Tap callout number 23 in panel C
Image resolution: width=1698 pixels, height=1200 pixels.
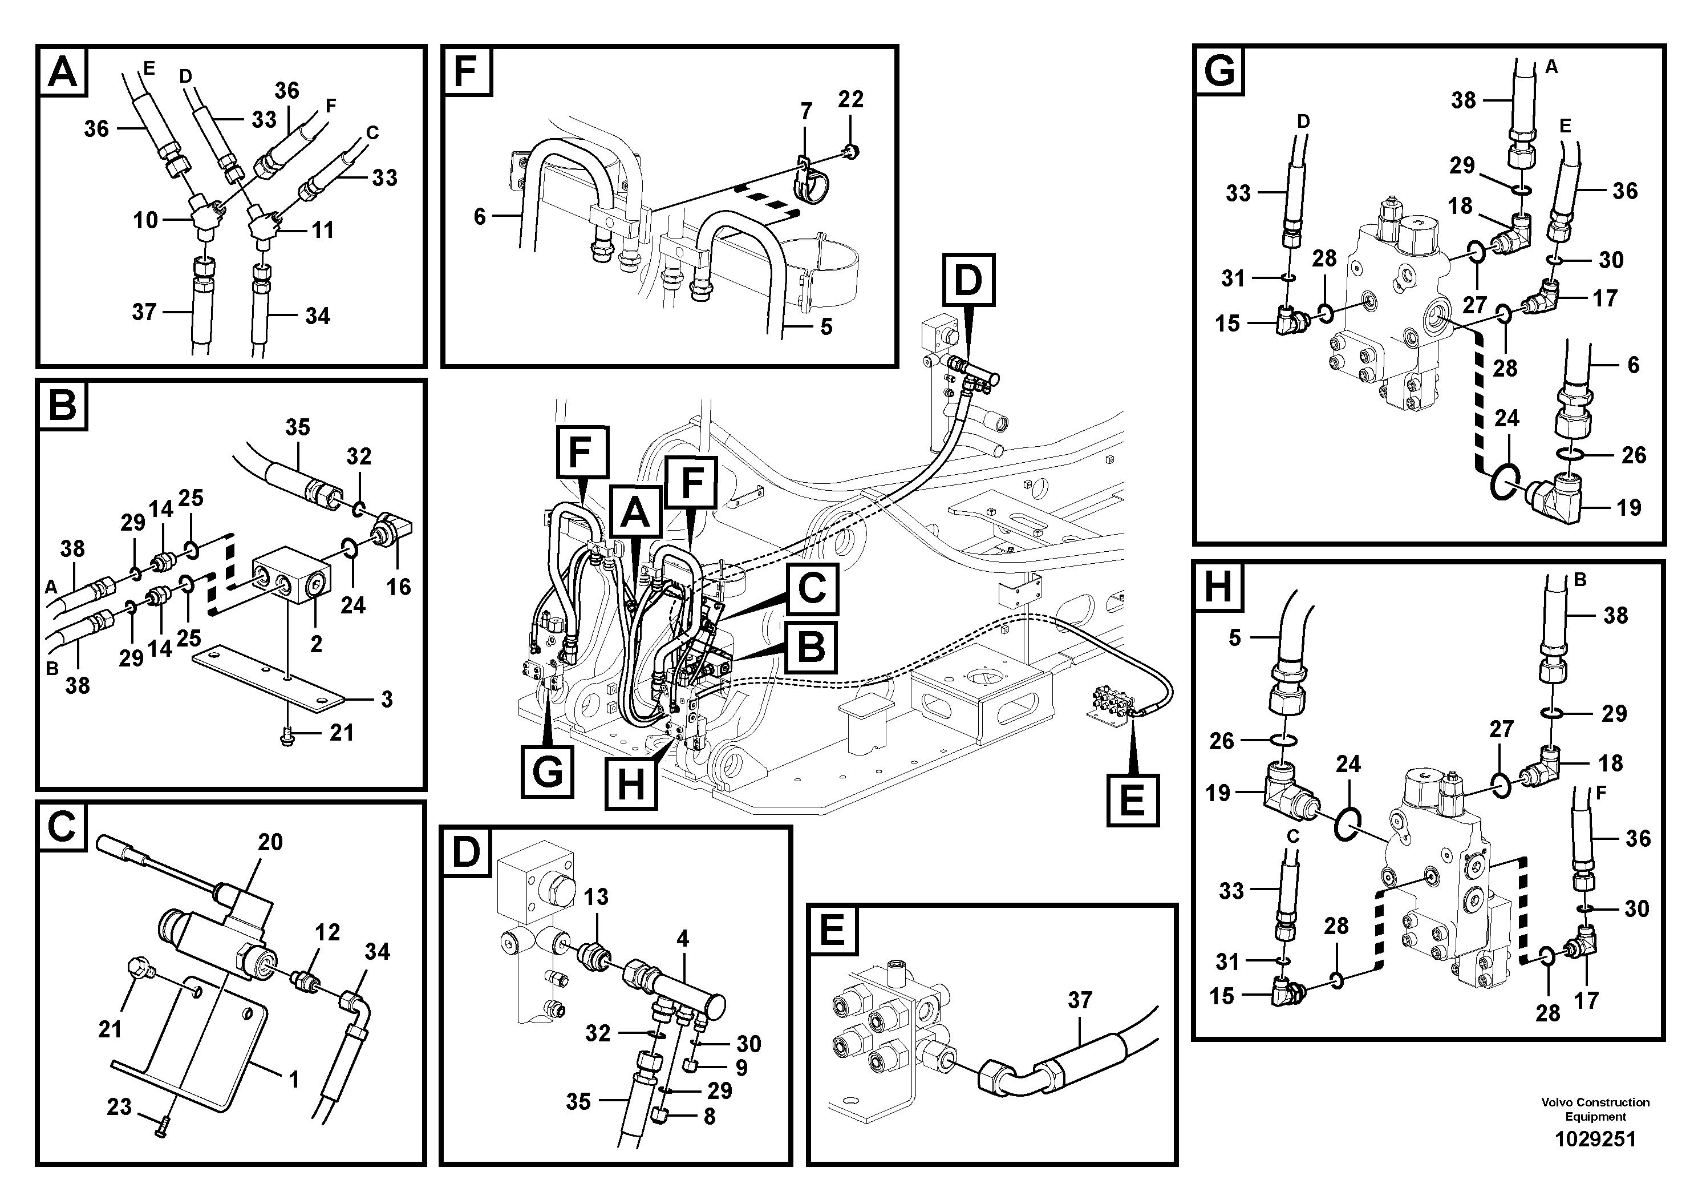coord(119,1107)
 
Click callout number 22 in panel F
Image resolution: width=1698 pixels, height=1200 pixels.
coord(850,99)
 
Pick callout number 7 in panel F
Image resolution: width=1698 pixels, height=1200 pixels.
coord(806,112)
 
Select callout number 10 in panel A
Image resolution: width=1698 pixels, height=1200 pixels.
coord(145,220)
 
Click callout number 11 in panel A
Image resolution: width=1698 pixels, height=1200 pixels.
coord(322,230)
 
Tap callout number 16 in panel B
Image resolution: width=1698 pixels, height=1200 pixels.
coord(399,587)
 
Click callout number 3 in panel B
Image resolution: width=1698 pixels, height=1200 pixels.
coord(387,698)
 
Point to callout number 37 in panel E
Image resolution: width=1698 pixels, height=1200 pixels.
coord(1080,1000)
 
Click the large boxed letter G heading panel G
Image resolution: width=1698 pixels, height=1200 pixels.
coord(1219,72)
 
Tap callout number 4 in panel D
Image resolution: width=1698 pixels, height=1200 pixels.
coord(683,939)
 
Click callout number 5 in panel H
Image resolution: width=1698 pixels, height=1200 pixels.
coord(1234,638)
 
